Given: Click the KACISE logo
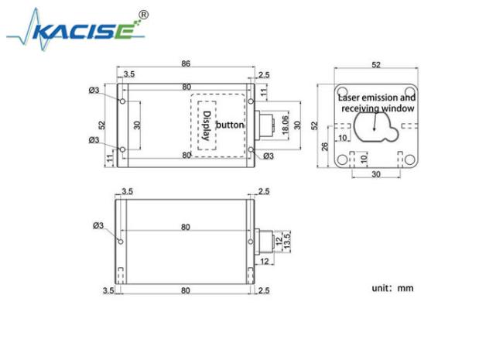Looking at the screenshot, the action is click(x=76, y=29).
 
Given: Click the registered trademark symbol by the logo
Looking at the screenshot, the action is click(x=144, y=15).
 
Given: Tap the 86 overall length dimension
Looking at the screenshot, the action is click(x=186, y=63).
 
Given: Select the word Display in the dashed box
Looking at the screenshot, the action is click(x=207, y=125).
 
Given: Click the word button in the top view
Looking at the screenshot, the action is click(x=230, y=125).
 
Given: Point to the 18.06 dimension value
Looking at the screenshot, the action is click(x=285, y=125).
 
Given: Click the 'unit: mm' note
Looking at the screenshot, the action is click(x=392, y=288).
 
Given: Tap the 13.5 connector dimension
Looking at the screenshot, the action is click(x=287, y=240).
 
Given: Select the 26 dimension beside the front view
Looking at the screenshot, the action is click(x=325, y=146).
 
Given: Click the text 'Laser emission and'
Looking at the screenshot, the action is click(x=377, y=98).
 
